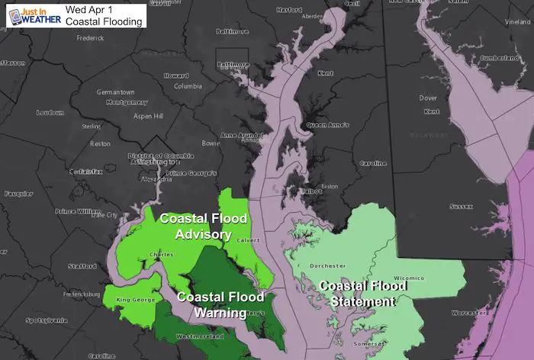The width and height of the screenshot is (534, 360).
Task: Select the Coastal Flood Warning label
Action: point(220,304)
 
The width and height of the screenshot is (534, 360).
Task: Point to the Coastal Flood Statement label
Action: point(357,294)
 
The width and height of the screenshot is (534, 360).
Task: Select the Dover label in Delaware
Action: point(429,98)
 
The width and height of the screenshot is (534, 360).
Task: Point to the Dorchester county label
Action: point(330,265)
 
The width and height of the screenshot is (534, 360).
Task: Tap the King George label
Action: point(133,300)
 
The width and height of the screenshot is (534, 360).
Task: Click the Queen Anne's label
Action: point(327,124)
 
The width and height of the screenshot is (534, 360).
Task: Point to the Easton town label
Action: point(330,186)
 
